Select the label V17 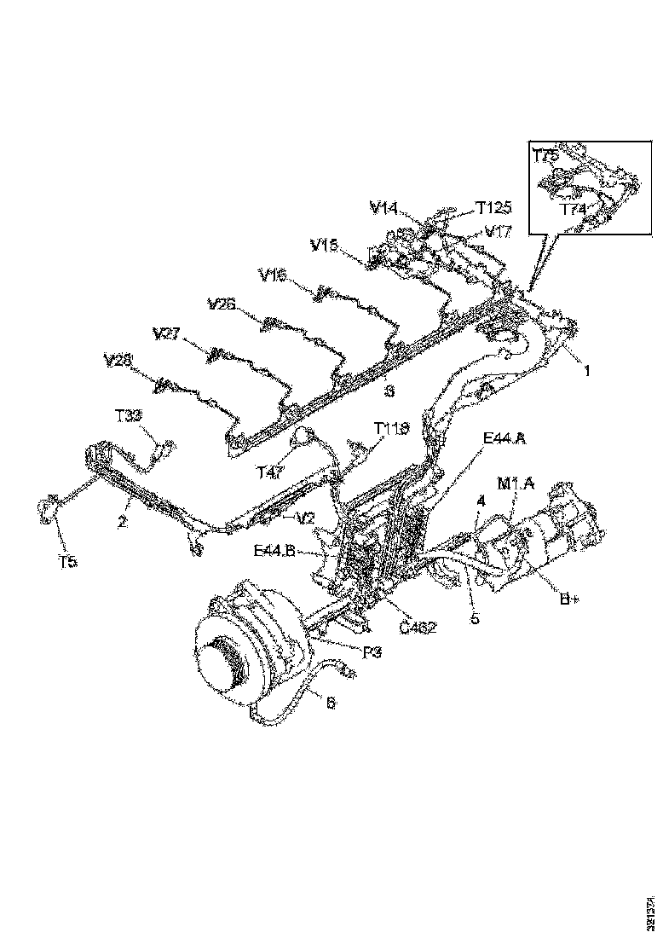(x=499, y=230)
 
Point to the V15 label (x=326, y=246)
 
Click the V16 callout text (x=274, y=275)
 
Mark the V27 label (x=167, y=333)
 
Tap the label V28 (x=118, y=361)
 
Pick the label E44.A (x=504, y=438)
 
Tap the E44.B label (x=275, y=551)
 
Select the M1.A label (x=517, y=484)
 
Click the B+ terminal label (x=569, y=599)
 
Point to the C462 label (x=418, y=628)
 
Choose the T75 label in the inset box (x=547, y=155)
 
